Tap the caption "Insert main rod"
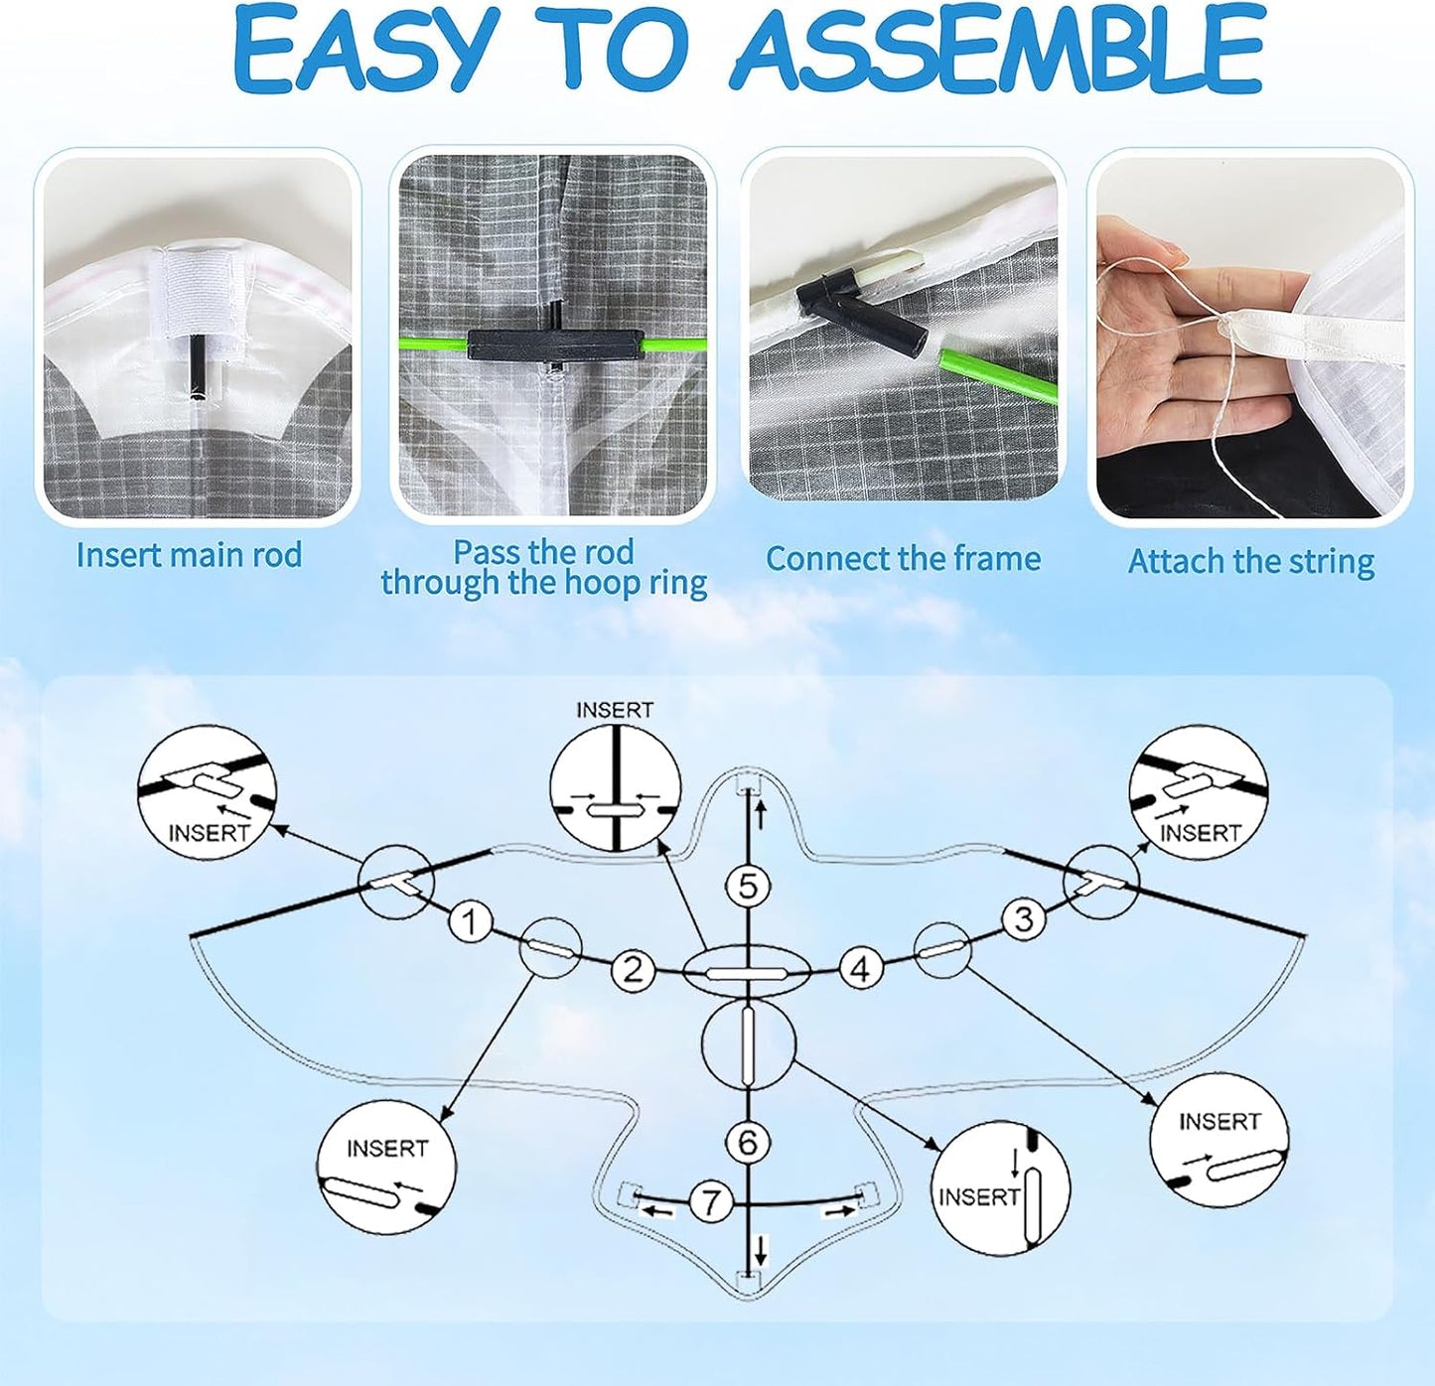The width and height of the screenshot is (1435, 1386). click(190, 554)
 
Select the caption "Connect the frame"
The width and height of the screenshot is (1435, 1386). click(904, 558)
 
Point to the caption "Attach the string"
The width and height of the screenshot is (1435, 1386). click(1251, 561)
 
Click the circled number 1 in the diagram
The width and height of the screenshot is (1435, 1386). click(470, 921)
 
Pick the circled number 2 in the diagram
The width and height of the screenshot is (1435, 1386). click(633, 969)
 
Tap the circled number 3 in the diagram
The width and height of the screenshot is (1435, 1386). click(1024, 919)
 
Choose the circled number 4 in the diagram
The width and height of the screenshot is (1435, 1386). click(861, 969)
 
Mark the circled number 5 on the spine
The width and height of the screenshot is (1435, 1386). click(748, 886)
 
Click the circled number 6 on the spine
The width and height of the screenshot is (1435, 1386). click(748, 1142)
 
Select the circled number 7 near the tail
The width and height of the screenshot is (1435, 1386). click(710, 1201)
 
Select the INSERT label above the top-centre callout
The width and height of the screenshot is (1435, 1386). click(615, 710)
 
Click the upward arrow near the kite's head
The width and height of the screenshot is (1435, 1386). click(762, 815)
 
